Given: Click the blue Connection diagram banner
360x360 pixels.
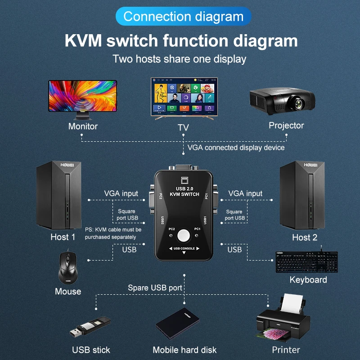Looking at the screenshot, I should (x=183, y=17).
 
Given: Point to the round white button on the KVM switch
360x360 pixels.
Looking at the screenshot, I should (x=184, y=235).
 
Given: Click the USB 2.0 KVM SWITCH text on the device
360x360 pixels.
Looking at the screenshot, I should (x=184, y=192).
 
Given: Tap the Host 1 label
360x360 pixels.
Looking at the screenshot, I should (x=63, y=237).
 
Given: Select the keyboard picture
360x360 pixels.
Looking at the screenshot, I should (x=306, y=262).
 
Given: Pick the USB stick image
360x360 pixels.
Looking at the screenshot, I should (x=90, y=327).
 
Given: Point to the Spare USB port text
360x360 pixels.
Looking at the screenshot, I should (x=155, y=288).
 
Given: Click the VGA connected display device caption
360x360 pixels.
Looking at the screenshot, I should (x=236, y=147).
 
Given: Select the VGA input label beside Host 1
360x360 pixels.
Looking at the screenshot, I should (x=121, y=193).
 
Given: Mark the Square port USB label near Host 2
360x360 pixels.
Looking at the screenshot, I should (x=234, y=215).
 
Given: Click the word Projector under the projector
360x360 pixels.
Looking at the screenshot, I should (x=286, y=126).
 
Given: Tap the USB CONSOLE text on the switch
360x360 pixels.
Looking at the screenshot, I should (x=184, y=248).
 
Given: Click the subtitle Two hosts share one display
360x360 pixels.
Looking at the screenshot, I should (x=180, y=59).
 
